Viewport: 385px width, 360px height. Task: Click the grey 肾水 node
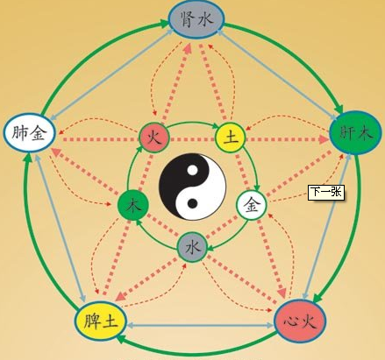(x=196, y=20)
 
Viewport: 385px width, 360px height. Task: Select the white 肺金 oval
(x=30, y=133)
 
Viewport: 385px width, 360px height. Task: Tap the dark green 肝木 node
(x=355, y=133)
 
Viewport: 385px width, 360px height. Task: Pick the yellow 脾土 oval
(x=101, y=321)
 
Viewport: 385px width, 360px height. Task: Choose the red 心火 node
(x=300, y=321)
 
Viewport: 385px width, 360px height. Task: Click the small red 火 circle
(x=153, y=138)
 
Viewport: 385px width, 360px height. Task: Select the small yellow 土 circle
(x=231, y=138)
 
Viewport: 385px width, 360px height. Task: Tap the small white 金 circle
(x=252, y=206)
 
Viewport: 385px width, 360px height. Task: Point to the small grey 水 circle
(x=192, y=247)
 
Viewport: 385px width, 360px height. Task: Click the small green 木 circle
(x=133, y=206)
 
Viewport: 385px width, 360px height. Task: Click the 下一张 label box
(x=326, y=192)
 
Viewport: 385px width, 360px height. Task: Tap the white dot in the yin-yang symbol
(x=192, y=170)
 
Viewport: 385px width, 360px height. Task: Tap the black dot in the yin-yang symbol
(x=192, y=203)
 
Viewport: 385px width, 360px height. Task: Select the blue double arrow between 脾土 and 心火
(x=200, y=325)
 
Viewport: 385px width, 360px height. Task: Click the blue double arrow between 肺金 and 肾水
(x=111, y=74)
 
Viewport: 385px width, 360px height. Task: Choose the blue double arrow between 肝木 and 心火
(x=327, y=226)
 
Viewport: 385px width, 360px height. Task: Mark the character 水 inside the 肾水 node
(x=206, y=20)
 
